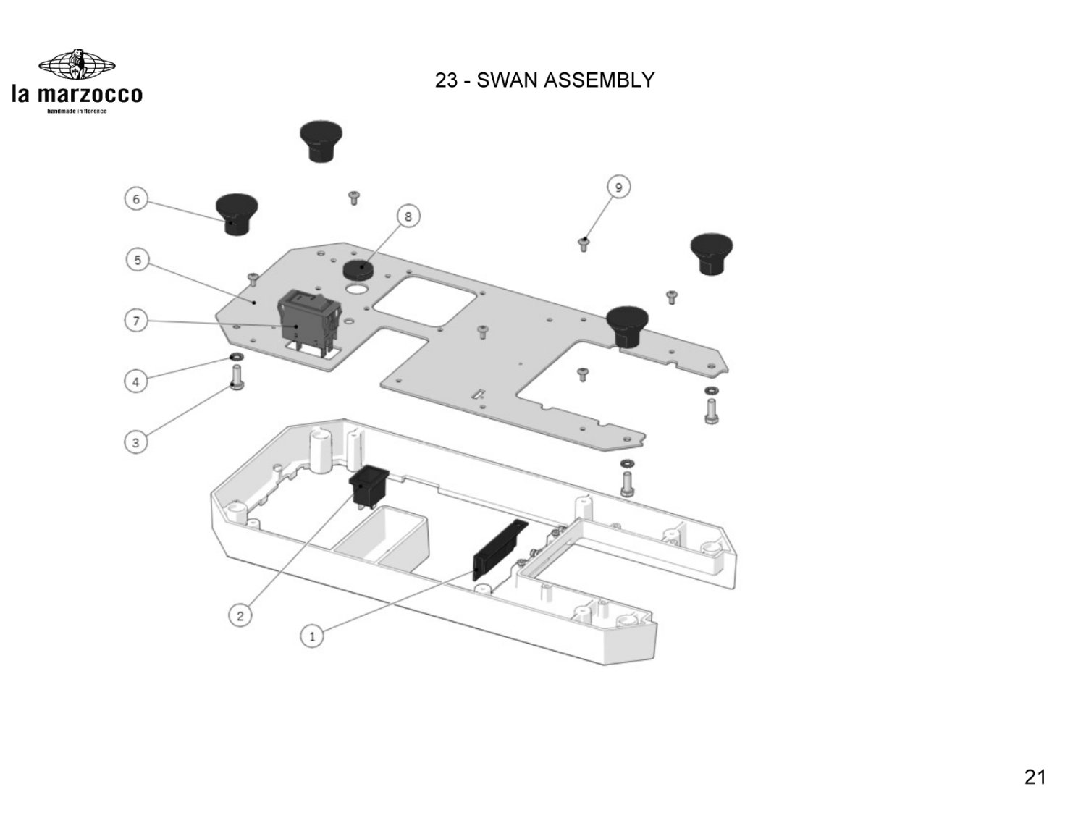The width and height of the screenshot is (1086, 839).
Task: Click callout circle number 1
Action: click(x=312, y=637)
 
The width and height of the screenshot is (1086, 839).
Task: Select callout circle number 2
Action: click(x=240, y=616)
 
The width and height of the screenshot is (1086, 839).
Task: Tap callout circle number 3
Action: click(x=135, y=442)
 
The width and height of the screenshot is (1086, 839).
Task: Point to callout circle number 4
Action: click(x=135, y=381)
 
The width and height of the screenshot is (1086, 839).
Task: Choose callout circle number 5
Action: click(x=138, y=259)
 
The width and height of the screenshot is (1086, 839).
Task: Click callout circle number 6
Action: click(x=135, y=199)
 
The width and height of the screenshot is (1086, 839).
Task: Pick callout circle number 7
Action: click(x=135, y=320)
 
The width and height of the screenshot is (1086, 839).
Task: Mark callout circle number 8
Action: click(x=408, y=216)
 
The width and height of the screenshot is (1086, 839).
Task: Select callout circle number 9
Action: click(x=618, y=187)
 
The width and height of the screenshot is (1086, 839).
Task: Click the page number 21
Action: click(x=1035, y=777)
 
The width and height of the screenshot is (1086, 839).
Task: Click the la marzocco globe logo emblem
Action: click(x=77, y=66)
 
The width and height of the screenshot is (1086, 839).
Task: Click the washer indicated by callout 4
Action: click(x=236, y=358)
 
